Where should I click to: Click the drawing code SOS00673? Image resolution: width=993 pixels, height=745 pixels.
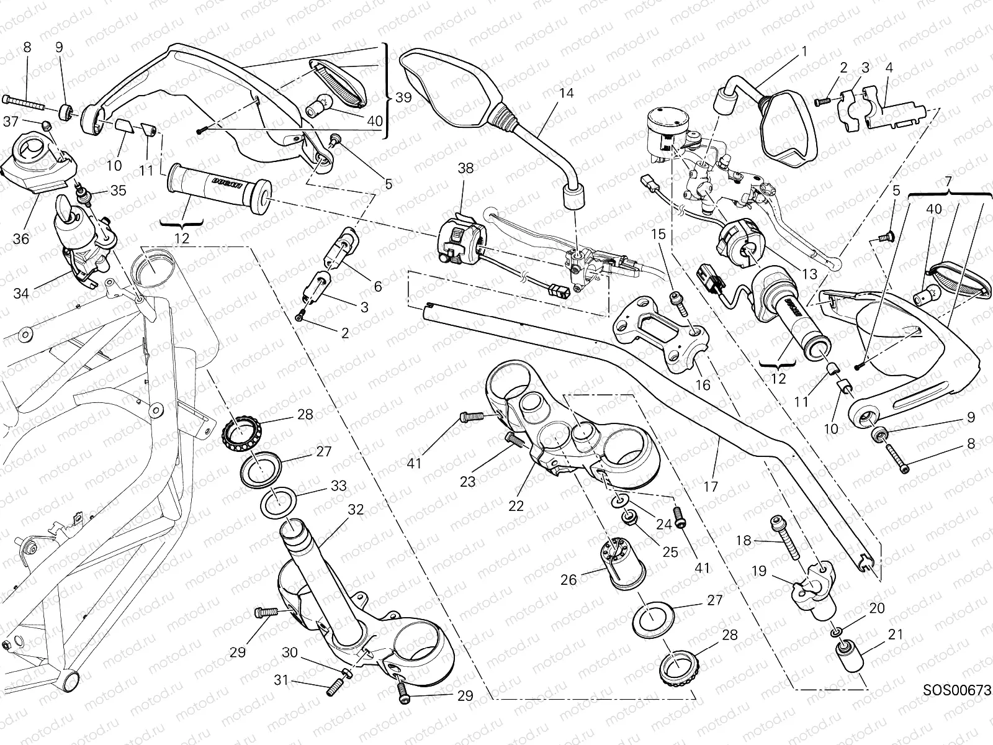point(956,690)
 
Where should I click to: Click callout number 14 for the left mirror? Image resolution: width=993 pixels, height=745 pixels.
point(565,94)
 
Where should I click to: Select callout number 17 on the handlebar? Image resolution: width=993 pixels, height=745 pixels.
point(711,487)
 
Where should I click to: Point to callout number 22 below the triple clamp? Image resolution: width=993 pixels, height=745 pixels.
point(516,505)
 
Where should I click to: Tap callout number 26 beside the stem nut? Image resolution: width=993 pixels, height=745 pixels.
point(568,580)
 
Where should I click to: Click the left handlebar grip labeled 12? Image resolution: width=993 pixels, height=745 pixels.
point(217,186)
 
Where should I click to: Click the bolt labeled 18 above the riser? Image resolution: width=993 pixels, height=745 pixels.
point(787,539)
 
